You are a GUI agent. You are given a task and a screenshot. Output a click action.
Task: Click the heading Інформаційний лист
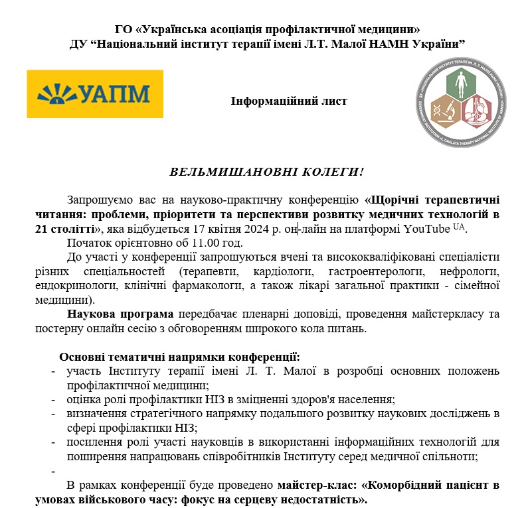point(289,101)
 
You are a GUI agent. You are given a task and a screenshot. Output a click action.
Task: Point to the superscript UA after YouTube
point(459,226)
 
